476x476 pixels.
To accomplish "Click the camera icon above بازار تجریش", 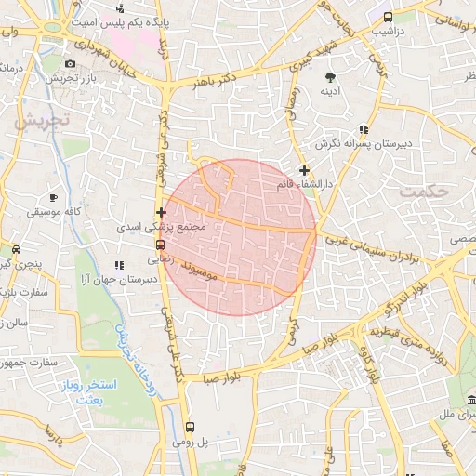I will tap(71, 63).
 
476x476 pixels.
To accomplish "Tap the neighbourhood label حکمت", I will tap(424, 191).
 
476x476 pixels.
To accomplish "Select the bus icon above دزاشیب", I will tap(388, 17).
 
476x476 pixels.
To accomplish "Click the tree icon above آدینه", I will tap(330, 75).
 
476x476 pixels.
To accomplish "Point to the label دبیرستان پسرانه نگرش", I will tap(364, 144).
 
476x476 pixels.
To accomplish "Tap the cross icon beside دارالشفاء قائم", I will tap(304, 170).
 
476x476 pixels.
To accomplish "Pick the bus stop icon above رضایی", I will tap(160, 245).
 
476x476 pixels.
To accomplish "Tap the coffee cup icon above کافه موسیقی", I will tap(53, 197).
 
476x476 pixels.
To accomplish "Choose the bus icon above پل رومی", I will tap(190, 427).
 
